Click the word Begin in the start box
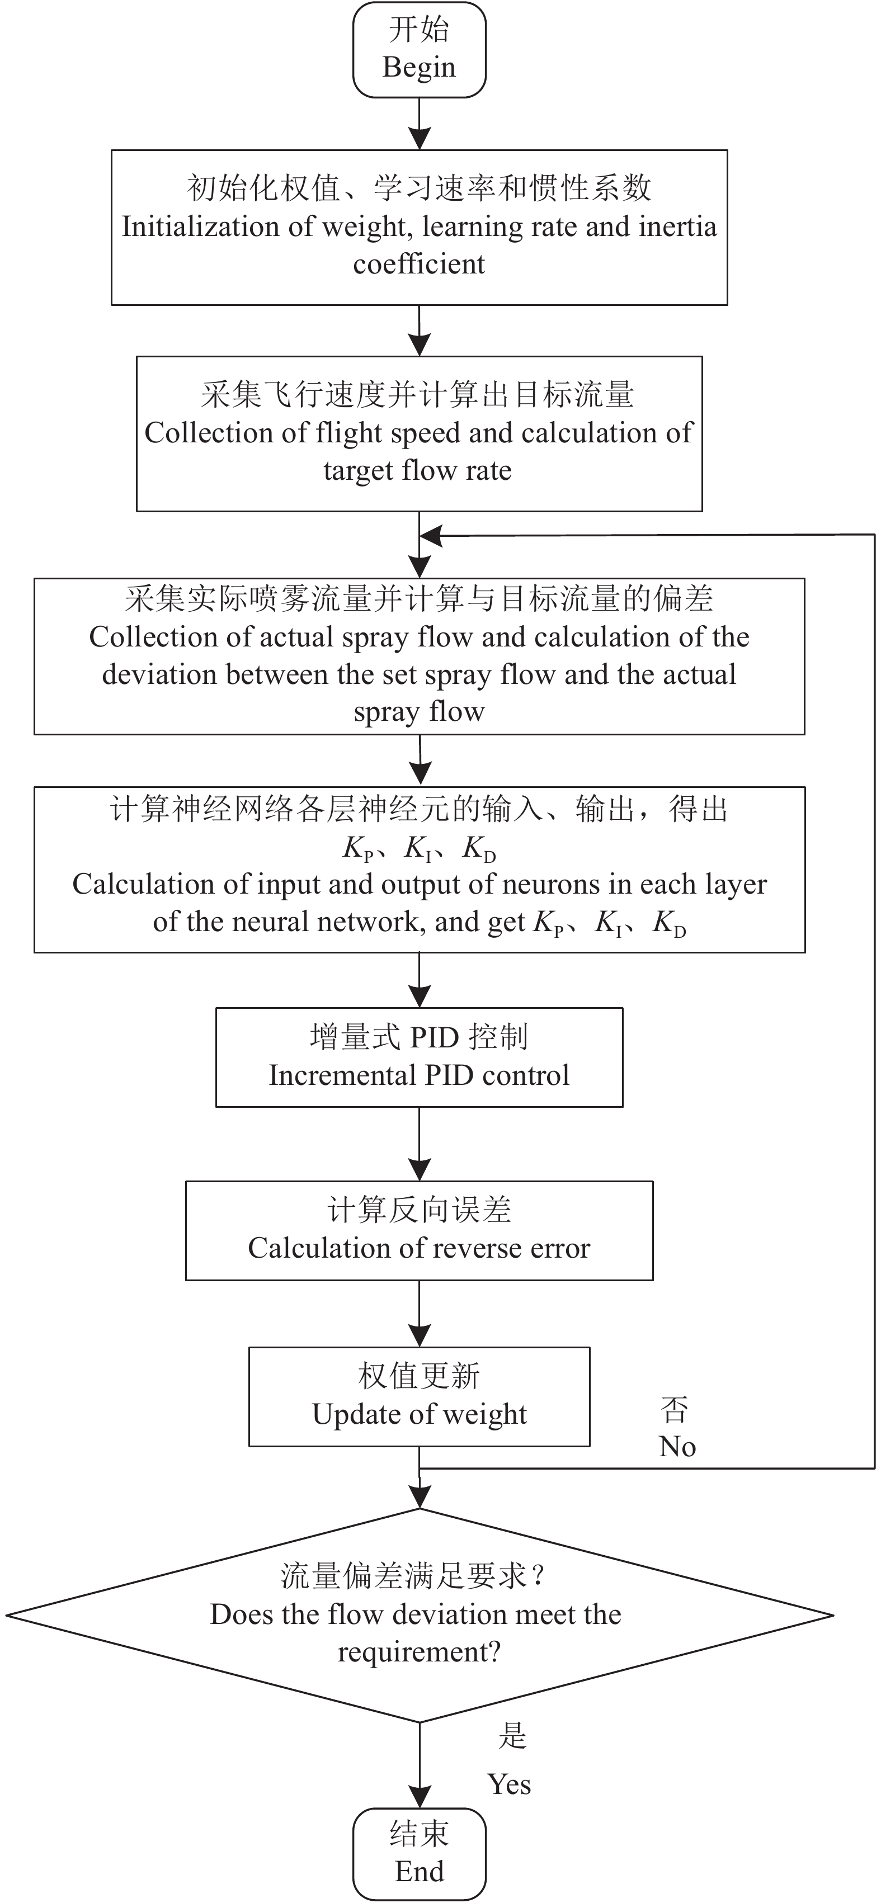[418, 67]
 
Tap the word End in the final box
[419, 1871]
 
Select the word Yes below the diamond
[508, 1784]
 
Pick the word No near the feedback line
[677, 1447]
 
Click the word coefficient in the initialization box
[419, 264]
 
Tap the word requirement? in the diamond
[419, 1651]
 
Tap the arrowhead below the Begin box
[419, 138]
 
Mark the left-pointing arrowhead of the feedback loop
[430, 536]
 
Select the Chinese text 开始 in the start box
[419, 30]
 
